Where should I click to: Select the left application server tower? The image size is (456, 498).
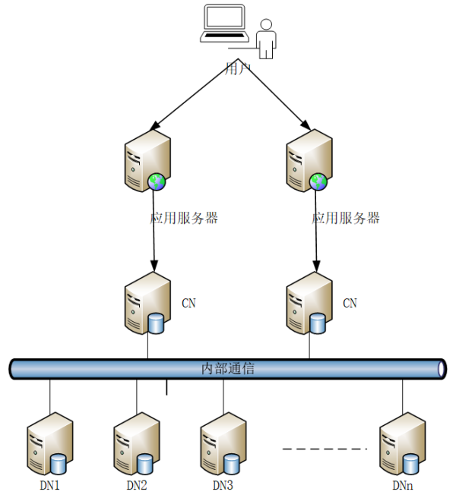click(146, 160)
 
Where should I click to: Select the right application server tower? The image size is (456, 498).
click(308, 160)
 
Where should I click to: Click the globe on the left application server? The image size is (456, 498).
click(157, 181)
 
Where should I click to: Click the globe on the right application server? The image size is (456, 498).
click(319, 181)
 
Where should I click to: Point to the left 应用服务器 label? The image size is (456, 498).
click(184, 218)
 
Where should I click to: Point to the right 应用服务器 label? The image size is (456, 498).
click(346, 218)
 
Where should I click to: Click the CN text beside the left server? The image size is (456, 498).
click(188, 303)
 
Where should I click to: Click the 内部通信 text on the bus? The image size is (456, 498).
click(228, 369)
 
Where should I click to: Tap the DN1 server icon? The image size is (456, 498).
click(49, 445)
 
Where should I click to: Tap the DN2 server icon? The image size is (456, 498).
click(136, 445)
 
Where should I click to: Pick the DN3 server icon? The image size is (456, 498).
click(223, 445)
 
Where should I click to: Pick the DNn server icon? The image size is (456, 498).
click(401, 445)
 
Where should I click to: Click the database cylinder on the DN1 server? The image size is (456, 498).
click(59, 462)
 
